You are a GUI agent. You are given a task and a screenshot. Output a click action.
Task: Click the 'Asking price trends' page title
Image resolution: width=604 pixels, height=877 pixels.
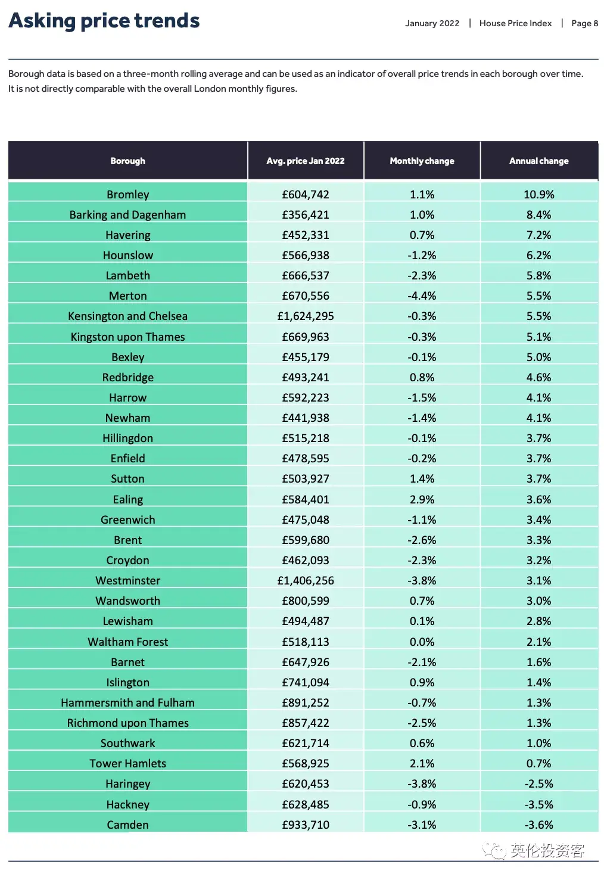click(x=104, y=21)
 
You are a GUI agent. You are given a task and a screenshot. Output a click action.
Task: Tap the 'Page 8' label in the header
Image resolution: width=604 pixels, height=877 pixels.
click(x=584, y=23)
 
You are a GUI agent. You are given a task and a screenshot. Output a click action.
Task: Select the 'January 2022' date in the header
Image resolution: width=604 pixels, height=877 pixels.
click(x=432, y=23)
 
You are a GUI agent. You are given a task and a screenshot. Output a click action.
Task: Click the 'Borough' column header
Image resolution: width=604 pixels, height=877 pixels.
click(x=127, y=161)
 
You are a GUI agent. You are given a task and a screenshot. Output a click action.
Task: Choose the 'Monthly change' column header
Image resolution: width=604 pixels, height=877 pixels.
click(x=422, y=161)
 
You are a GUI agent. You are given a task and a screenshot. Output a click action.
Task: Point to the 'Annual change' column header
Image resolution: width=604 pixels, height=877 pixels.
click(x=538, y=161)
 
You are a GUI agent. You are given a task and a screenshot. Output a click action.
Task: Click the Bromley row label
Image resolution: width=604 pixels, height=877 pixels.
click(x=127, y=195)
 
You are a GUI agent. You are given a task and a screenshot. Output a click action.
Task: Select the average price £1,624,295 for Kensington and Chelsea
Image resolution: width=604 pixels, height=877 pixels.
click(x=306, y=316)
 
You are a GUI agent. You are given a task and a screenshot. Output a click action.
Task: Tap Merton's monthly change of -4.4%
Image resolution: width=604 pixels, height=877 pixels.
click(x=422, y=296)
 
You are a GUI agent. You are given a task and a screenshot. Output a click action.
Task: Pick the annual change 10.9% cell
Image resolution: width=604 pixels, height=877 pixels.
click(x=538, y=195)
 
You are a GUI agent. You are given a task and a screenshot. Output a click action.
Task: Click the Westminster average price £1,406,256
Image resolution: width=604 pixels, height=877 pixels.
click(x=306, y=580)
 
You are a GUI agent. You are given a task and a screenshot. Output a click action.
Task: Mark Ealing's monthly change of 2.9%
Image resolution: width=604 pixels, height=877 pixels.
click(x=422, y=499)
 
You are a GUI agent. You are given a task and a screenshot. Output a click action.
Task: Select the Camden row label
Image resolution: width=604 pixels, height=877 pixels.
click(x=127, y=825)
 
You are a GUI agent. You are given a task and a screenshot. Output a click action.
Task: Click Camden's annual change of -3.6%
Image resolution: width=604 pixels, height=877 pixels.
click(x=538, y=825)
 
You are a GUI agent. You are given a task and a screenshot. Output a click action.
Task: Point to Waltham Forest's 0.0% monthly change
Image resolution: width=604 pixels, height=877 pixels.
click(x=422, y=642)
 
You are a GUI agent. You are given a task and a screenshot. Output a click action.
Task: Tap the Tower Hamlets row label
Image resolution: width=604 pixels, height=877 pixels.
click(x=127, y=763)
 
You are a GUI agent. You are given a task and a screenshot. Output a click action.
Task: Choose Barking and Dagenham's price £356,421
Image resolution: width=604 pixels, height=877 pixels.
click(x=306, y=215)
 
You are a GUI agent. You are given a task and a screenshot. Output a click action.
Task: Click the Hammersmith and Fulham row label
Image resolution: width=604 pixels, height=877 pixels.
click(x=127, y=703)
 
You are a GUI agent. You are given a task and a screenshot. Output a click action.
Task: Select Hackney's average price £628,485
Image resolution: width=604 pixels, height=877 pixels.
click(x=306, y=804)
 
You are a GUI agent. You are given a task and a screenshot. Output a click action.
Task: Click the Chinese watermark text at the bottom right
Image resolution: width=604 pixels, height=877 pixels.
click(x=547, y=850)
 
